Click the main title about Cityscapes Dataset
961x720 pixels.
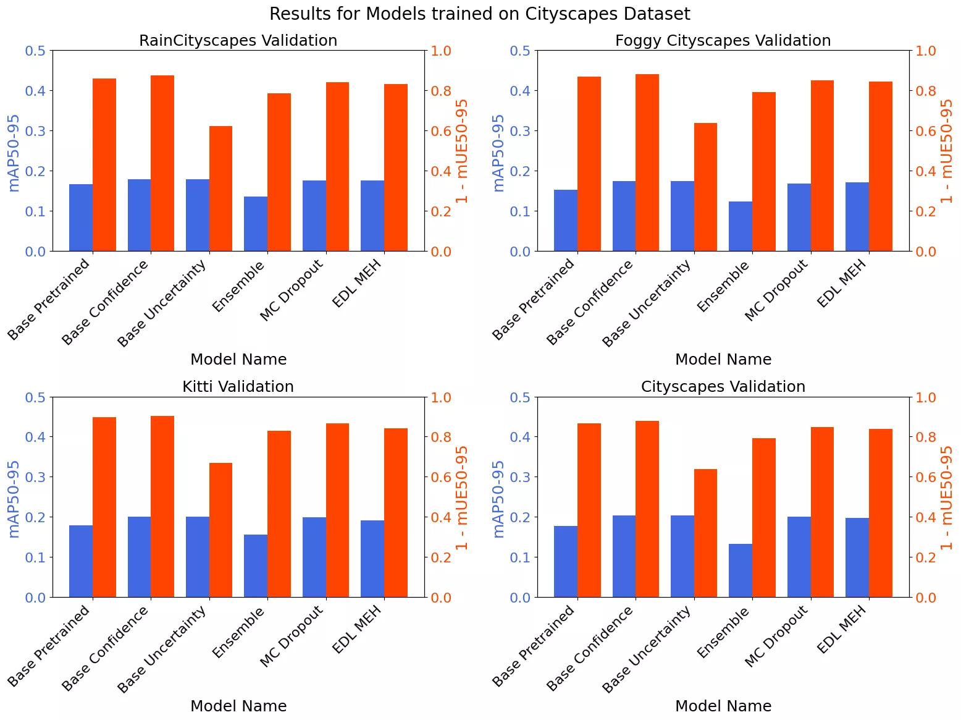[x=480, y=14]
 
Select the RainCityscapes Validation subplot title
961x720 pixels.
[x=238, y=41]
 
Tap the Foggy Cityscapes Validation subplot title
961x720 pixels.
[x=723, y=41]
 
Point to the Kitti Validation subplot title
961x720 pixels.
[x=238, y=387]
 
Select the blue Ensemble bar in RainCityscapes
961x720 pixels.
[x=256, y=224]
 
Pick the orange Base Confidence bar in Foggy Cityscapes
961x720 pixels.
[x=647, y=163]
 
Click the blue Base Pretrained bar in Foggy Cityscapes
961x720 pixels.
[x=566, y=220]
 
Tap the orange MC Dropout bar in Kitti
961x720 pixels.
[x=338, y=510]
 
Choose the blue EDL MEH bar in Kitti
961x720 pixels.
[x=372, y=559]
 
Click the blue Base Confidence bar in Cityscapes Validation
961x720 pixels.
[x=624, y=556]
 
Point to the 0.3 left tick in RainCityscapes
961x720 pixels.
[x=35, y=131]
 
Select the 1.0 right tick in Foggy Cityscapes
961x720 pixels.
[x=925, y=51]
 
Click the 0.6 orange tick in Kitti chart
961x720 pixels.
[x=440, y=477]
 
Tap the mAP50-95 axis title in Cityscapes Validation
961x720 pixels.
[x=498, y=499]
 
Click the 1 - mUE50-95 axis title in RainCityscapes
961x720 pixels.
[x=462, y=151]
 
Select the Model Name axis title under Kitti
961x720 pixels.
[x=238, y=706]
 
